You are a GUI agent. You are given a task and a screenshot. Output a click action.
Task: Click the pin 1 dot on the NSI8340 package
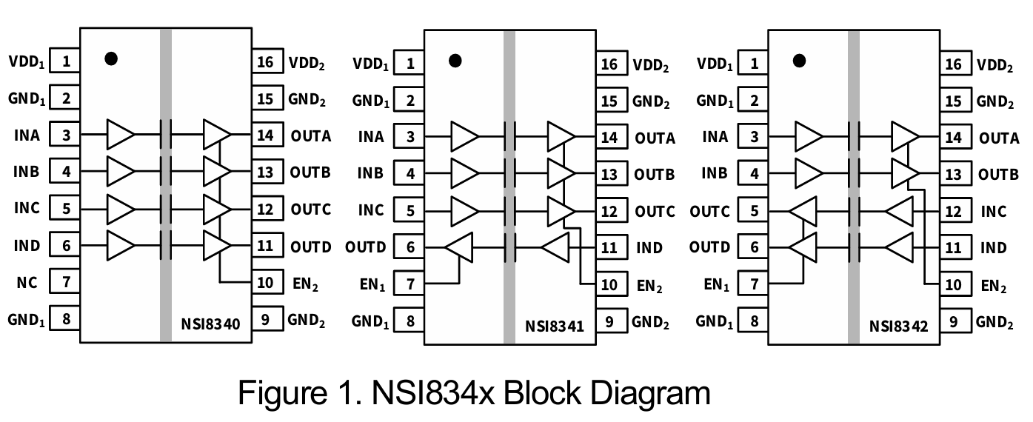(111, 58)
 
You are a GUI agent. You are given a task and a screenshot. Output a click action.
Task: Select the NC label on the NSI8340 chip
(27, 282)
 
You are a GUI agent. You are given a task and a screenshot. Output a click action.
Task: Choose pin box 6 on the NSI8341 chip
(409, 247)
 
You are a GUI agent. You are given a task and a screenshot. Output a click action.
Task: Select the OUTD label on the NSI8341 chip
(366, 247)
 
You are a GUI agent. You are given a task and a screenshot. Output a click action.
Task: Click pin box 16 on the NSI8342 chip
(954, 64)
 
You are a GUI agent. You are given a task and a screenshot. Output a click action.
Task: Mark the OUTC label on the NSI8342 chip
(709, 212)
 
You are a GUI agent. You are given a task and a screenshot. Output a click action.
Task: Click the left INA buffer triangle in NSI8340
(121, 135)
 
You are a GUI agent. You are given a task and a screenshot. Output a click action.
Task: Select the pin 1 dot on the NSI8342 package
(799, 61)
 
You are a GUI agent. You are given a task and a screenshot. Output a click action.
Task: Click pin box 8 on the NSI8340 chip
(66, 319)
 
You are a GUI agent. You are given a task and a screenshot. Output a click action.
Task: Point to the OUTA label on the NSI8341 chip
(655, 138)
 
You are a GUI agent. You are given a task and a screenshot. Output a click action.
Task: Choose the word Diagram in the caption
(643, 392)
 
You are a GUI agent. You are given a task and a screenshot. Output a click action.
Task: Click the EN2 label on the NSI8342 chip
(993, 286)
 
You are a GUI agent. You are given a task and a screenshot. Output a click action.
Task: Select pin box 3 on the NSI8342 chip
(754, 137)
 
